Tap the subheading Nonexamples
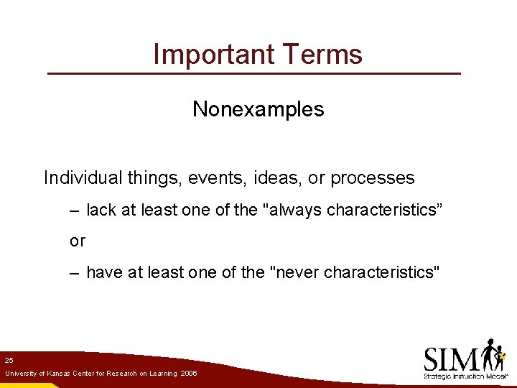point(258,109)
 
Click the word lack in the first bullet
point(101,210)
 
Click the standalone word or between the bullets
point(78,241)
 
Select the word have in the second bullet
point(103,272)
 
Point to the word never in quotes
point(293,272)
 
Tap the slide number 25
point(9,359)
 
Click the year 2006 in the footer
point(189,374)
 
